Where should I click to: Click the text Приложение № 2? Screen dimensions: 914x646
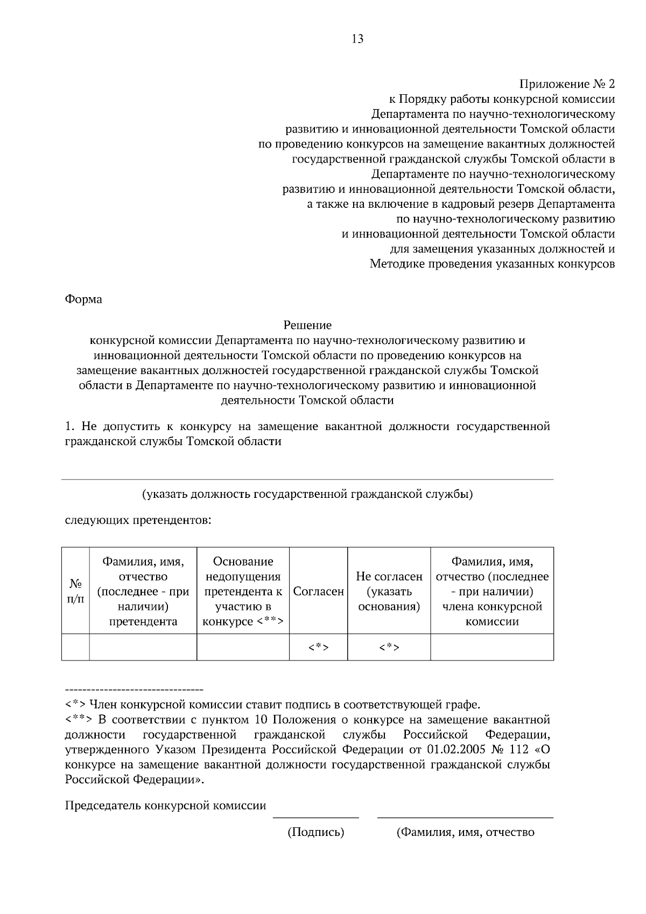(567, 84)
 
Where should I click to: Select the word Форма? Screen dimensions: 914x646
(83, 299)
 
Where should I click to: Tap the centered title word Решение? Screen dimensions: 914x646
(307, 325)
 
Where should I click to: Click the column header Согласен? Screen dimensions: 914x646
(318, 592)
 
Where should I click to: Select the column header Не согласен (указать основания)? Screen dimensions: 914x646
(389, 592)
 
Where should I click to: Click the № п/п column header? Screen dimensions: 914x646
(75, 592)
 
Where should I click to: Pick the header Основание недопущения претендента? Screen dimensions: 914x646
(243, 592)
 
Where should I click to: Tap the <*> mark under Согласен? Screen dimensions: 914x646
(318, 648)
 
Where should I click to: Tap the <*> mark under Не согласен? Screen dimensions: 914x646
(389, 648)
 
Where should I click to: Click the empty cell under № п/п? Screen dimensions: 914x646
(75, 648)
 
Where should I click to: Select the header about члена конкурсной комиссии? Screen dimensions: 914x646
(491, 592)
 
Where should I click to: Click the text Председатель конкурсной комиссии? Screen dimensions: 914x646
(165, 806)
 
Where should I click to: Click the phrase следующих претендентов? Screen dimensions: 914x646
(138, 521)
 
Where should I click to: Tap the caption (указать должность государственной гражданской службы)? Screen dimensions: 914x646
(307, 494)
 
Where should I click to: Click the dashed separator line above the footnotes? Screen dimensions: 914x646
(134, 690)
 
